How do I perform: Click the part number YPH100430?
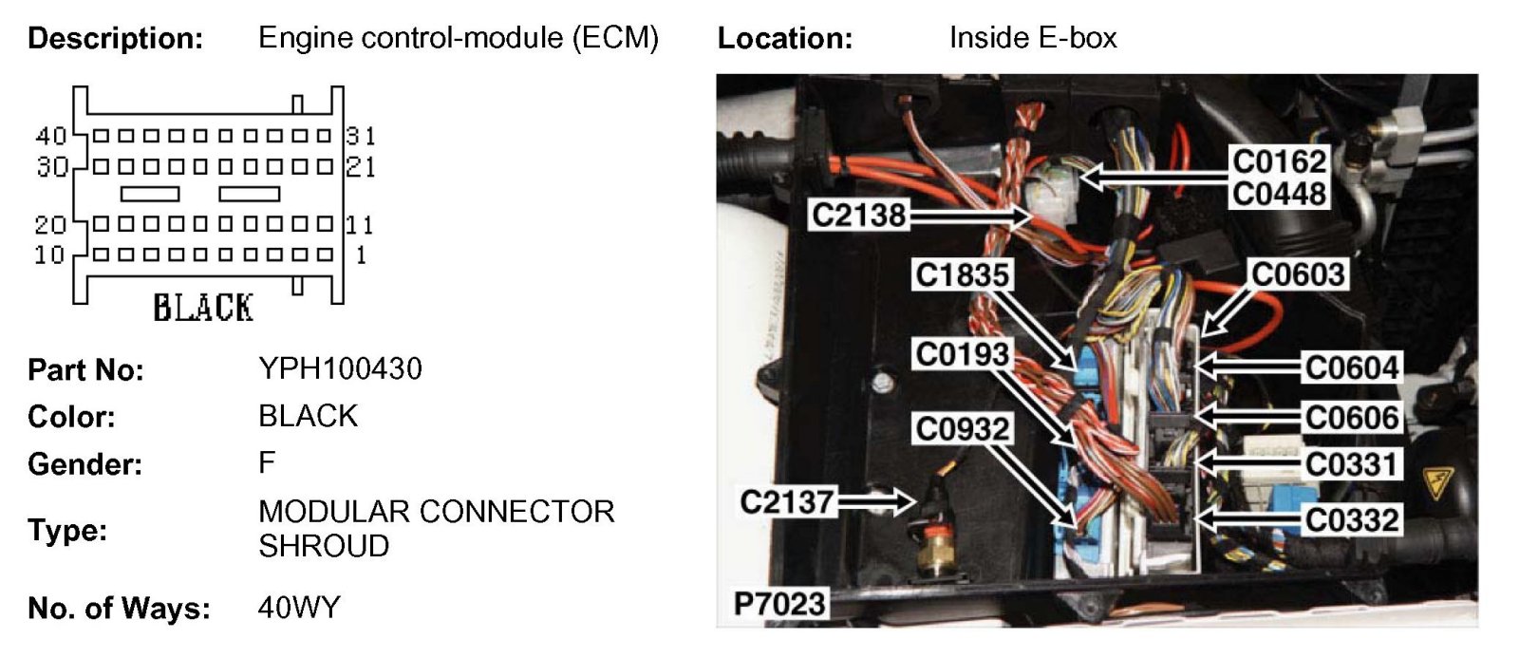[340, 368]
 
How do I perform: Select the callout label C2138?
[858, 216]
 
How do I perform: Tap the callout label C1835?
[962, 275]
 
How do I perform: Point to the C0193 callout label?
[962, 354]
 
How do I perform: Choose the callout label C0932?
[962, 429]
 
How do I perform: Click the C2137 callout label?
[786, 501]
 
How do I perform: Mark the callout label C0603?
[1298, 274]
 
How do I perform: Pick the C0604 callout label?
[1351, 367]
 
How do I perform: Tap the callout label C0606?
[1351, 417]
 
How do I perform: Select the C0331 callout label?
[1351, 464]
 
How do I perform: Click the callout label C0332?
[1351, 519]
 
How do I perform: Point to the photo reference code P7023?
[779, 604]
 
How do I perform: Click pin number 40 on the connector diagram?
[50, 137]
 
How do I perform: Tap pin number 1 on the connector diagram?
[360, 254]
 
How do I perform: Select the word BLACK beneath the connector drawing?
[203, 308]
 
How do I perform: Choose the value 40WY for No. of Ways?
[299, 608]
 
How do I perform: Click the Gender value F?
[267, 463]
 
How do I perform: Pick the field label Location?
[784, 39]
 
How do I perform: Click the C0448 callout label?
[1279, 194]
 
